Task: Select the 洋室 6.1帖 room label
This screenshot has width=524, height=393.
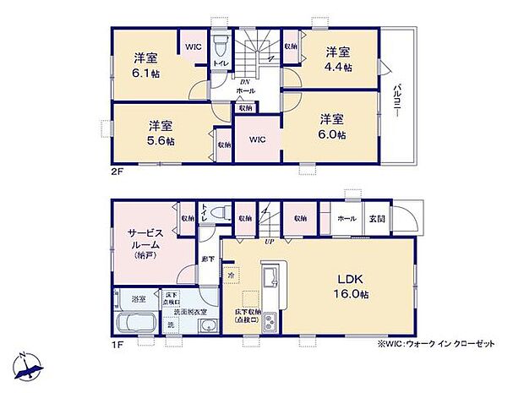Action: point(145,65)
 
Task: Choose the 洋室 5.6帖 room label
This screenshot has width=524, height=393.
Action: point(159,133)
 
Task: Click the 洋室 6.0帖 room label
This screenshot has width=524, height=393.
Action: point(331,126)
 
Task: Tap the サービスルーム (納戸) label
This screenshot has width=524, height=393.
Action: point(140,247)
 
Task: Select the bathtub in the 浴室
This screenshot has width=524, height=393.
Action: point(130,326)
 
